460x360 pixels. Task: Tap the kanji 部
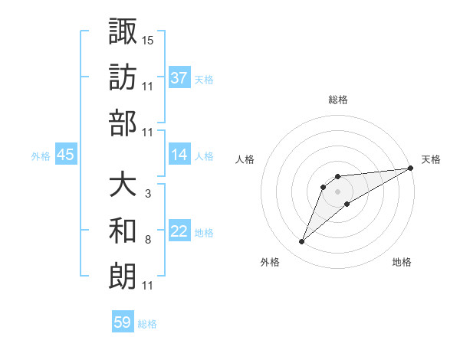tap(123, 122)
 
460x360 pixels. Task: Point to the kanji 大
tap(123, 185)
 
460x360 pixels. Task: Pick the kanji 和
tap(123, 230)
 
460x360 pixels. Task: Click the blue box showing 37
tap(179, 78)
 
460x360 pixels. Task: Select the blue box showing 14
tap(179, 155)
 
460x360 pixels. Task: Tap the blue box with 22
tap(179, 231)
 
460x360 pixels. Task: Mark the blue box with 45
tap(65, 155)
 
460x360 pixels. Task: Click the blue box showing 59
tap(123, 322)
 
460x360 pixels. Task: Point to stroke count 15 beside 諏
tap(148, 39)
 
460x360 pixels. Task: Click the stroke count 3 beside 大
tap(147, 194)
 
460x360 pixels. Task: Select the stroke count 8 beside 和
tap(147, 240)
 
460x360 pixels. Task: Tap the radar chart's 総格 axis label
tap(338, 100)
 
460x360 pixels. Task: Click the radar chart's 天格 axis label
tap(432, 159)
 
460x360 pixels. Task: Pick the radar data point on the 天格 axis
tap(410, 168)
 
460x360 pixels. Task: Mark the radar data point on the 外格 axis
tap(302, 242)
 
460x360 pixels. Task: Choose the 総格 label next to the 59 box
tap(147, 324)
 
